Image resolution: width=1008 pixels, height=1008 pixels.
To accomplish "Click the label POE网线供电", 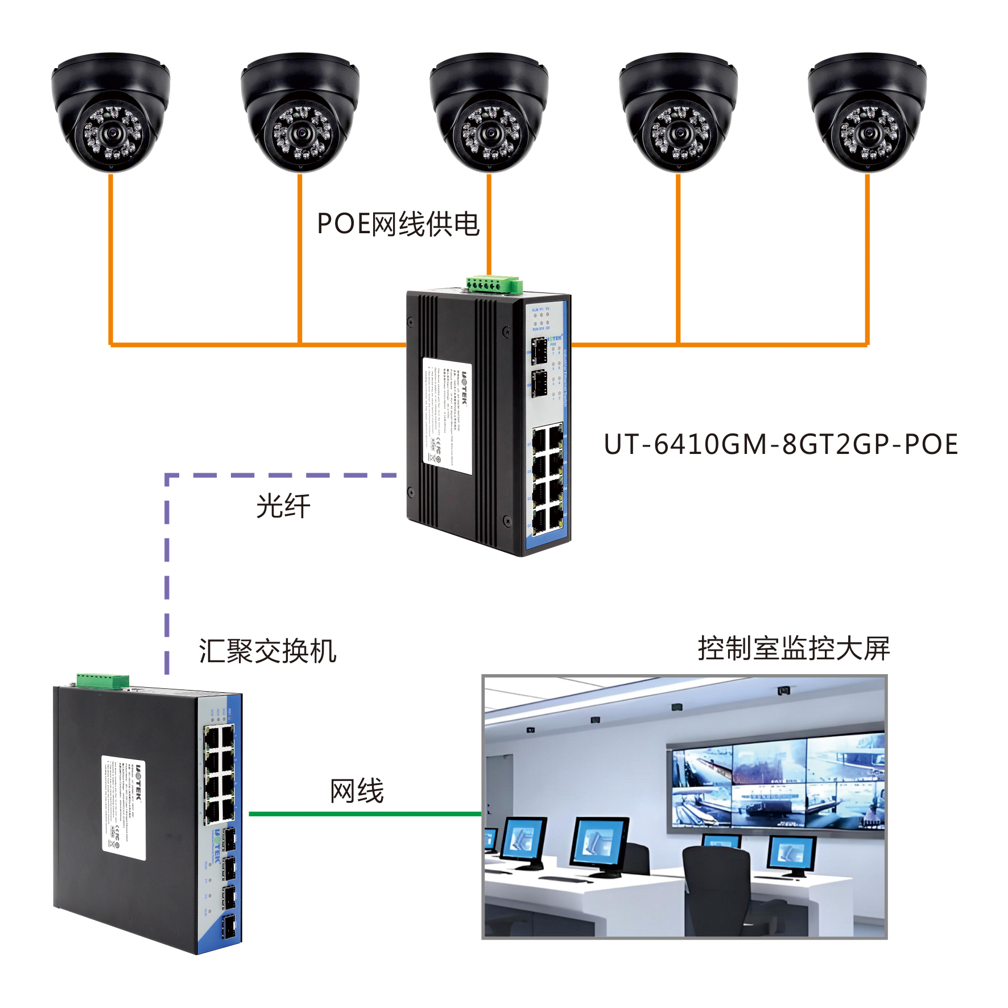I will tap(398, 224).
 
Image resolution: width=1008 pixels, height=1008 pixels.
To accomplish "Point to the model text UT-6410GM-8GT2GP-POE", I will tap(780, 444).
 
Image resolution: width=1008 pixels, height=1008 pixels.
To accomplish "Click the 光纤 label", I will tap(283, 506).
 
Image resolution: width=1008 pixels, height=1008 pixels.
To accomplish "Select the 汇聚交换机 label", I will tap(267, 651).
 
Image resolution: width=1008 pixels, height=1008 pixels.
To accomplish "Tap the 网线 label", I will tap(357, 791).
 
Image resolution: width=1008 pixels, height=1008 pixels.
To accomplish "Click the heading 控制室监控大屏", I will tap(794, 648).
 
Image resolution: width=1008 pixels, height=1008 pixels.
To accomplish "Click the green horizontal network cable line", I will tap(364, 813).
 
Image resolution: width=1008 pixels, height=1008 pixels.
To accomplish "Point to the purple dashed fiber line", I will tap(167, 569).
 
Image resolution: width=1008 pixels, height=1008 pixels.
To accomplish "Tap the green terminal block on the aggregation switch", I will tap(103, 680).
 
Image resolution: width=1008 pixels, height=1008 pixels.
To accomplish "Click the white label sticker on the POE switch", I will tap(447, 416).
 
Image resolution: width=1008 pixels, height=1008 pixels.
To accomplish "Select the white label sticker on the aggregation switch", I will tap(123, 808).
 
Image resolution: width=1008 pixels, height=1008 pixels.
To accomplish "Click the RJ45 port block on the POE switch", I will tap(548, 478).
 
